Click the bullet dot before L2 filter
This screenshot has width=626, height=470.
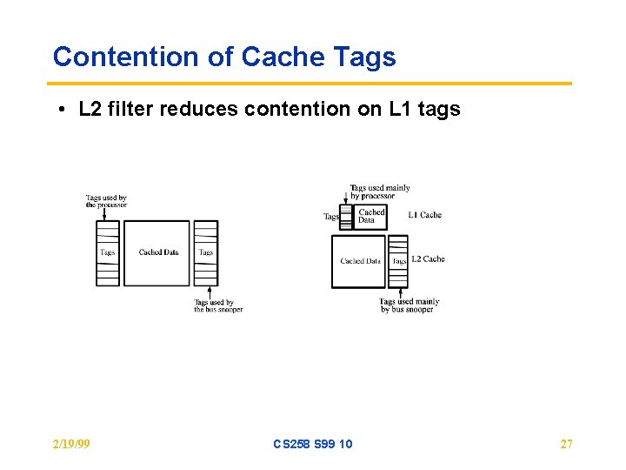(x=63, y=111)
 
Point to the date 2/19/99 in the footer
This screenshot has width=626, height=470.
(x=71, y=444)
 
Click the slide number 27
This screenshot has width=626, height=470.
(x=566, y=444)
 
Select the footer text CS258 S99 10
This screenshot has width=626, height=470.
(x=313, y=444)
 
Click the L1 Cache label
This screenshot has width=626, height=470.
(x=425, y=215)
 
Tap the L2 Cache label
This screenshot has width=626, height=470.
(x=428, y=259)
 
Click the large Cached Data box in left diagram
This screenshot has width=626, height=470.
(x=157, y=252)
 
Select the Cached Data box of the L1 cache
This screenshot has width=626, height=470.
(x=371, y=215)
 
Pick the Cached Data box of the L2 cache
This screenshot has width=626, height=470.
(x=359, y=261)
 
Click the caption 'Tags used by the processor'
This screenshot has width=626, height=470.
(x=106, y=202)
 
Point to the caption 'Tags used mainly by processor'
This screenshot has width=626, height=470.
(x=379, y=191)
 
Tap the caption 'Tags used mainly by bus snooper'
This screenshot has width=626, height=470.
(x=409, y=305)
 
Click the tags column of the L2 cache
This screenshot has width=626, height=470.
(x=398, y=261)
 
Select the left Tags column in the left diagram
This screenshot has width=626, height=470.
(x=107, y=252)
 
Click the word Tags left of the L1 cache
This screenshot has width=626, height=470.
(x=331, y=217)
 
